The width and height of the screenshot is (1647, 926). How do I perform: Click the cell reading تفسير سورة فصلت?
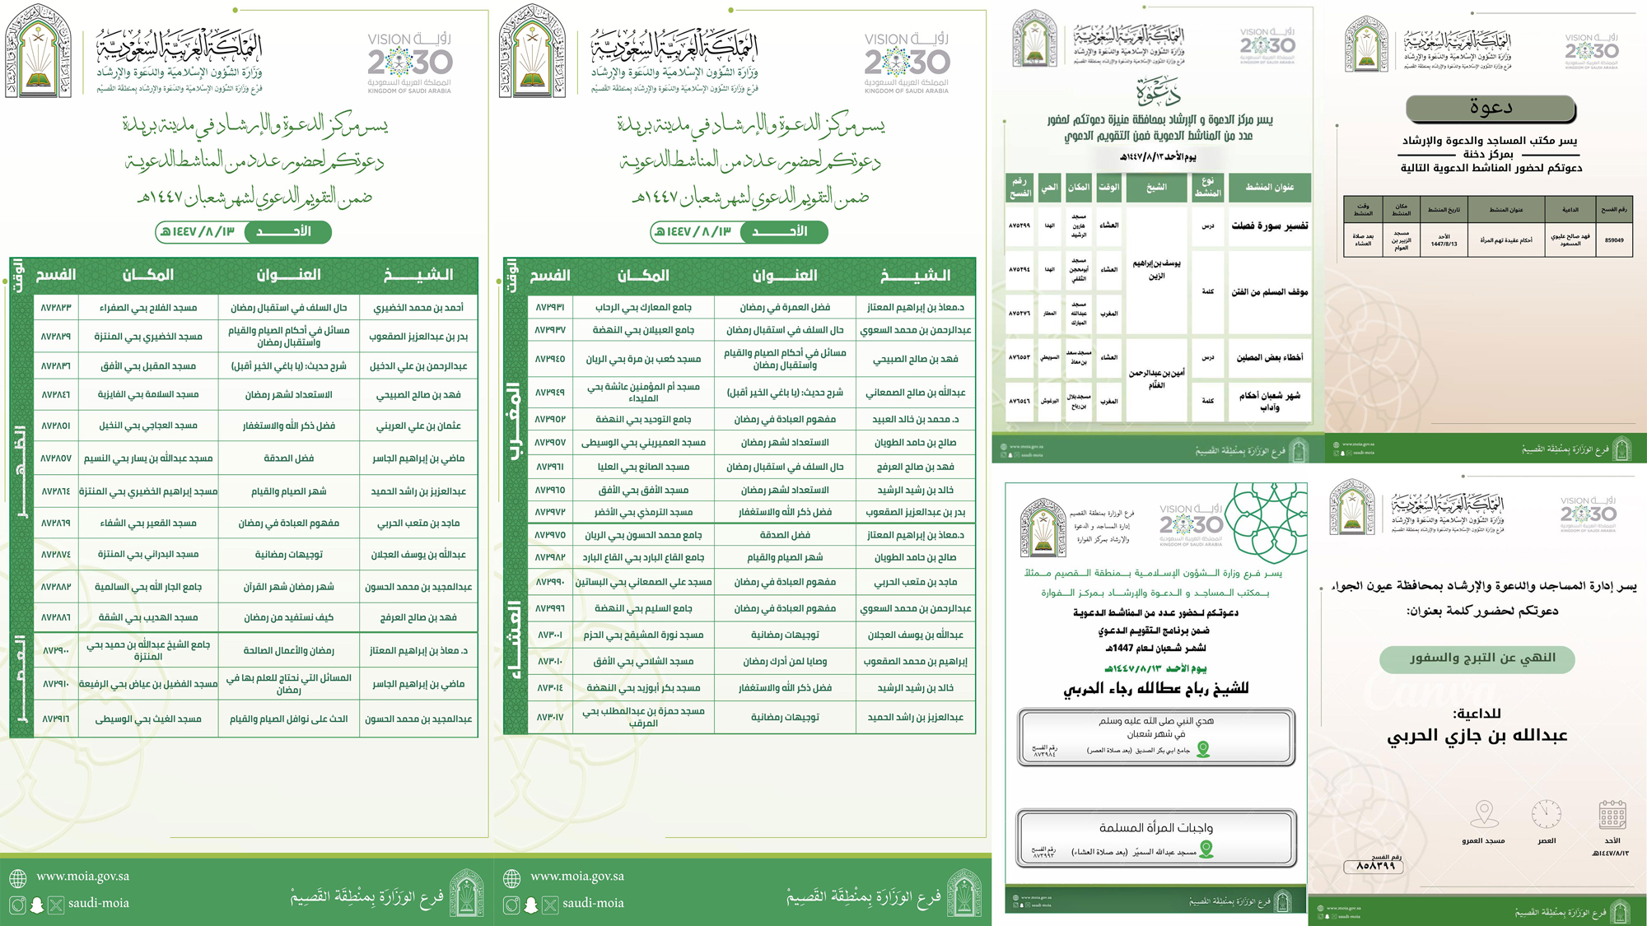(1269, 226)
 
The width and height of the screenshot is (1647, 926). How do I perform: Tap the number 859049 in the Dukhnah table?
(1614, 240)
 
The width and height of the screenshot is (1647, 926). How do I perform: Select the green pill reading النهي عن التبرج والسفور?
(1477, 658)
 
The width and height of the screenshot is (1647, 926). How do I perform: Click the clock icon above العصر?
(1546, 814)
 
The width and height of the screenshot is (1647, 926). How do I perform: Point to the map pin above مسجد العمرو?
(1484, 813)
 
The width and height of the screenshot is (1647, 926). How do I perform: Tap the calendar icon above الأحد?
(1612, 814)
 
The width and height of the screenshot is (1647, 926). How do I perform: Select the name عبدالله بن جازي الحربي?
(1477, 735)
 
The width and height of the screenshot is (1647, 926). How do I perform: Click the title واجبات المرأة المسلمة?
(1155, 827)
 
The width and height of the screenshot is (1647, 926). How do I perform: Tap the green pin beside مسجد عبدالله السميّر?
(1206, 850)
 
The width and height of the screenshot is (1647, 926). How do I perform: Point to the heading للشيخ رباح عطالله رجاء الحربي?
(1155, 688)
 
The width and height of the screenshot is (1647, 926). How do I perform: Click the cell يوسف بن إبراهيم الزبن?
(1156, 269)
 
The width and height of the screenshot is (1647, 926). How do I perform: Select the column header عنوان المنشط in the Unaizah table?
(1269, 187)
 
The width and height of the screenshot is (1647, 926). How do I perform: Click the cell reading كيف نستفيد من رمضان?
(288, 617)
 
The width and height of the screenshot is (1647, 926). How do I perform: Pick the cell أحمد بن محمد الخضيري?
(418, 308)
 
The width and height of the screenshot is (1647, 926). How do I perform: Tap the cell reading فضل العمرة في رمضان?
(784, 307)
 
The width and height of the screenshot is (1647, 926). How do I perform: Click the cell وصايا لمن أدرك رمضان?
(784, 661)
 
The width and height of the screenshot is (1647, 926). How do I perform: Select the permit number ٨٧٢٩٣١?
(550, 307)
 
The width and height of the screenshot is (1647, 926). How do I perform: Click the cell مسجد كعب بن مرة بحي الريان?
(643, 359)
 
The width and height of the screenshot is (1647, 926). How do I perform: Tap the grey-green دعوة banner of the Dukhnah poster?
(1491, 108)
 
